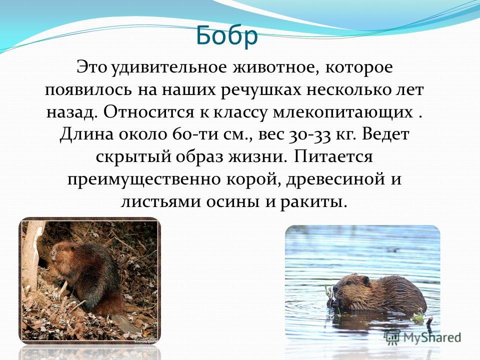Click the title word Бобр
227,35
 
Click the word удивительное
169,67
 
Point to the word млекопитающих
342,112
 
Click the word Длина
86,134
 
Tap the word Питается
333,156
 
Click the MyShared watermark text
432,337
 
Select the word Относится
148,112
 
